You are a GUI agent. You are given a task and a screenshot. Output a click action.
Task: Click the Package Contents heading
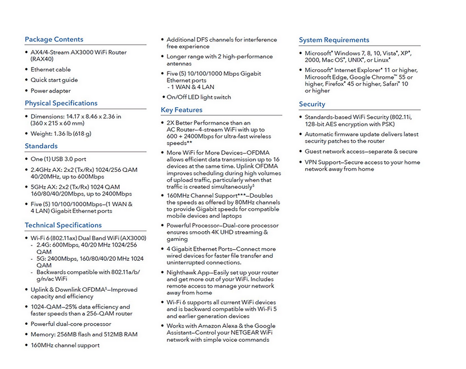(x=54, y=39)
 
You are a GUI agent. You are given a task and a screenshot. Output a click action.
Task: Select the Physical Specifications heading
(x=61, y=103)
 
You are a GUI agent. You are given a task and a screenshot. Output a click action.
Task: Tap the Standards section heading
(x=41, y=146)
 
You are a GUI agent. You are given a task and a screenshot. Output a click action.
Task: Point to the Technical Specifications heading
(x=63, y=225)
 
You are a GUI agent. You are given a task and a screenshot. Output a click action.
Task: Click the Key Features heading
(x=182, y=110)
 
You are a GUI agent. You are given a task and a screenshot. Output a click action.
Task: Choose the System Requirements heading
(x=334, y=40)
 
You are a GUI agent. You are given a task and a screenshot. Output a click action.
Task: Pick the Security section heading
(x=312, y=104)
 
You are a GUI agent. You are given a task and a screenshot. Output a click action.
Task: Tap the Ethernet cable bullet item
(x=51, y=69)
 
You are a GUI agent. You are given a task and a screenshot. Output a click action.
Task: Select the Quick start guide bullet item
(x=54, y=80)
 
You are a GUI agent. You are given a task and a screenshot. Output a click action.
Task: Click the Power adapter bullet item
(x=51, y=90)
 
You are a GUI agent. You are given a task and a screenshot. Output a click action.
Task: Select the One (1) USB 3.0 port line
(x=58, y=159)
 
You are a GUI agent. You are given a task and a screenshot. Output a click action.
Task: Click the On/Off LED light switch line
(x=199, y=97)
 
